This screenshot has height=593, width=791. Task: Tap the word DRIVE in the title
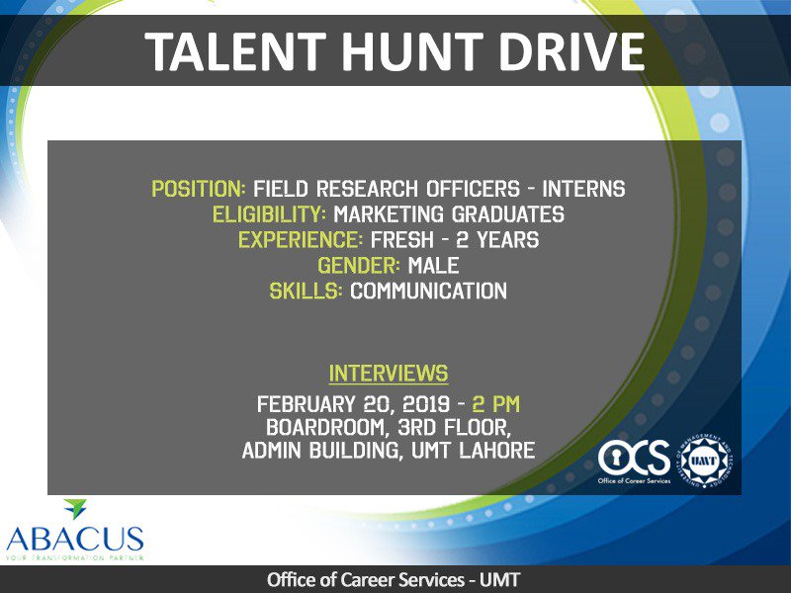(x=578, y=52)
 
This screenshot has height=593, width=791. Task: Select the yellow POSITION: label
(x=199, y=189)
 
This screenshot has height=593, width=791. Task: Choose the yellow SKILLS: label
(x=306, y=292)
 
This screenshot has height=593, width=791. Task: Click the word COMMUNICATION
(x=428, y=292)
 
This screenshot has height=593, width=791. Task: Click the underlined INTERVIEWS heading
(x=388, y=374)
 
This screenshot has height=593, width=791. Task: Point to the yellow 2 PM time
(x=496, y=404)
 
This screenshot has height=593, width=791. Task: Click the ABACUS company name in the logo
(x=74, y=539)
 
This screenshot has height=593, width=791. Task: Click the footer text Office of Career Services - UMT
(x=395, y=580)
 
